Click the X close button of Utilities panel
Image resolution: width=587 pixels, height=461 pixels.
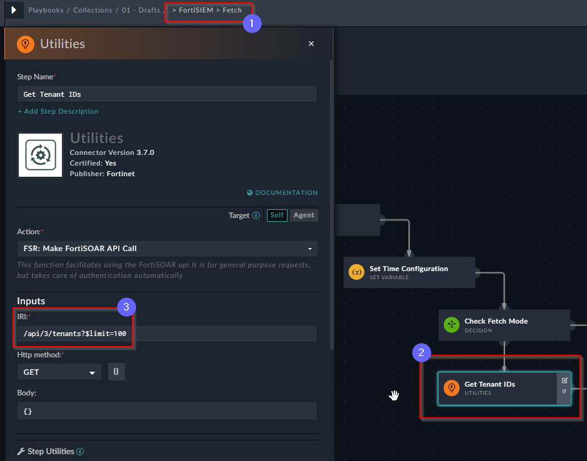point(311,44)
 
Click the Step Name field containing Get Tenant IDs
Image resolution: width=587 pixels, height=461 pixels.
point(167,94)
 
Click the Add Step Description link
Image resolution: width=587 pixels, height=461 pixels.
point(58,111)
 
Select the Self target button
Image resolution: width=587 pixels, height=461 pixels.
point(277,215)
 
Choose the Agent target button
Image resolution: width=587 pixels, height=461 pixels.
point(304,215)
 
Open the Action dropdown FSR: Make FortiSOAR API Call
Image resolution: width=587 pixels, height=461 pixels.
point(168,249)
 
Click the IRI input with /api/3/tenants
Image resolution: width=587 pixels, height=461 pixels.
point(167,334)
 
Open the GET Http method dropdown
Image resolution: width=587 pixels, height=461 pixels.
point(59,372)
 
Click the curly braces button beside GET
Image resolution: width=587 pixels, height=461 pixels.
point(116,372)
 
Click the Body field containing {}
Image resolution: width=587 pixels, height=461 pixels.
point(167,411)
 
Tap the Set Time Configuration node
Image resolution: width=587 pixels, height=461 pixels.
point(409,272)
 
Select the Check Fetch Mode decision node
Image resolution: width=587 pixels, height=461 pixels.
point(504,325)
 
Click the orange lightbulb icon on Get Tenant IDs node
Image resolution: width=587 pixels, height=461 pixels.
point(451,388)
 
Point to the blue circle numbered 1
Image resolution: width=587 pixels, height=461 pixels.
point(252,23)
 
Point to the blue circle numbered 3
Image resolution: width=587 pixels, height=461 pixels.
point(126,307)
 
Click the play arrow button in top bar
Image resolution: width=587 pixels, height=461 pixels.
point(14,10)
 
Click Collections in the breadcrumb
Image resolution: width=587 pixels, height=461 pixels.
point(93,10)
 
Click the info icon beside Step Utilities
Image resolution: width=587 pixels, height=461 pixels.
point(80,451)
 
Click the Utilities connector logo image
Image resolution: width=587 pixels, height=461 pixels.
point(41,155)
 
